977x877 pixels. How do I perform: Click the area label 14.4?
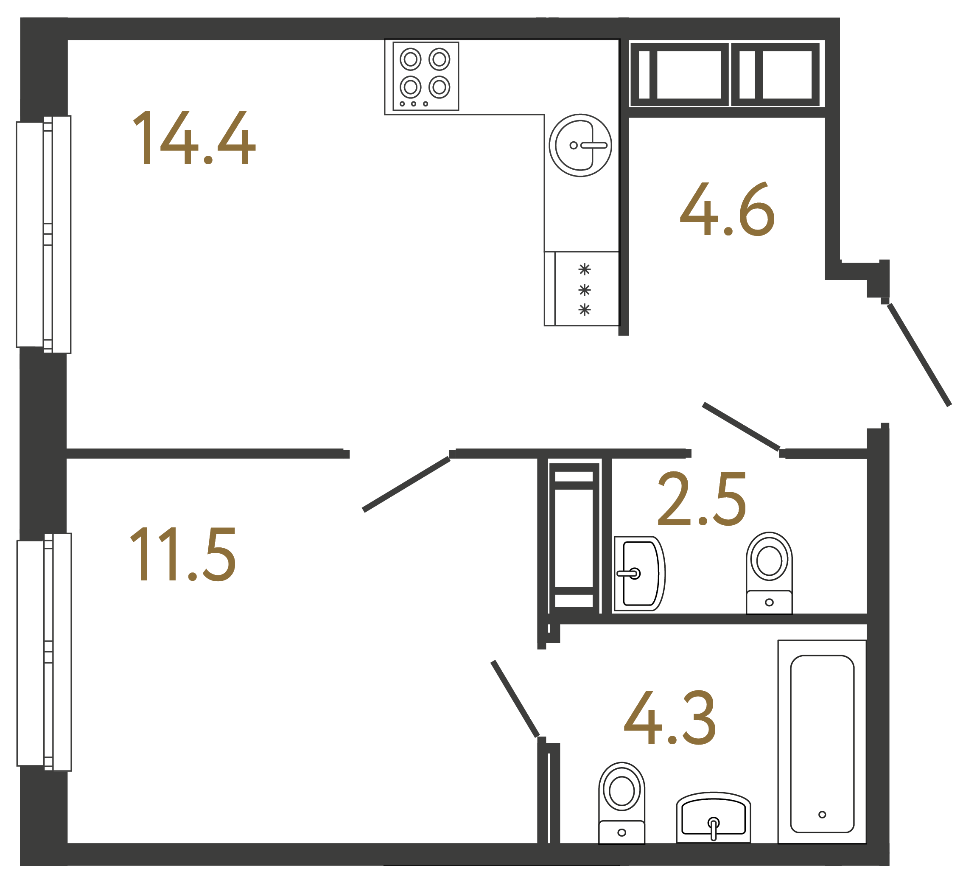[194, 138]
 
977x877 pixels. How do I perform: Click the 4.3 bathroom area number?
[669, 717]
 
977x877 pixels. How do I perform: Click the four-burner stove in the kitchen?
[425, 76]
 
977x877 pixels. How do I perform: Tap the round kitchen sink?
[580, 145]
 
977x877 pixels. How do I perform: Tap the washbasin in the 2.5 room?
[639, 574]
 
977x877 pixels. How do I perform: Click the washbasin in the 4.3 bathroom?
[713, 819]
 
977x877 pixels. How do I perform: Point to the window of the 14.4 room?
[44, 235]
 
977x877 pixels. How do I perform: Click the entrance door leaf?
[919, 355]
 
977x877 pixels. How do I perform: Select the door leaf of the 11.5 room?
[406, 484]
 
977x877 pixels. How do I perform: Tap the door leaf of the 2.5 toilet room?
[741, 426]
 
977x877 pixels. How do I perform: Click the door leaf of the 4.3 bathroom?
[515, 699]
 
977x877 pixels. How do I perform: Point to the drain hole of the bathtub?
[822, 815]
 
